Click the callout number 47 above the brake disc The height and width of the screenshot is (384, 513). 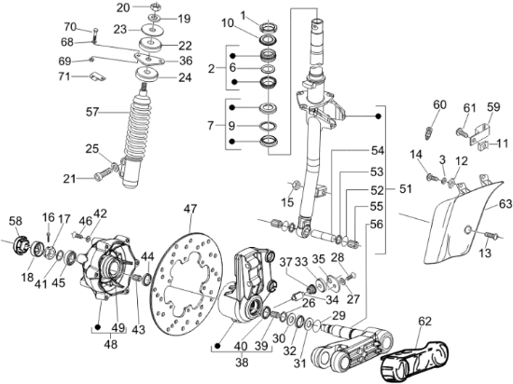click(x=190, y=208)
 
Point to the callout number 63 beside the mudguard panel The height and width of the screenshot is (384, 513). click(x=505, y=202)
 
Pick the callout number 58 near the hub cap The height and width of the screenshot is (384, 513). click(x=17, y=220)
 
